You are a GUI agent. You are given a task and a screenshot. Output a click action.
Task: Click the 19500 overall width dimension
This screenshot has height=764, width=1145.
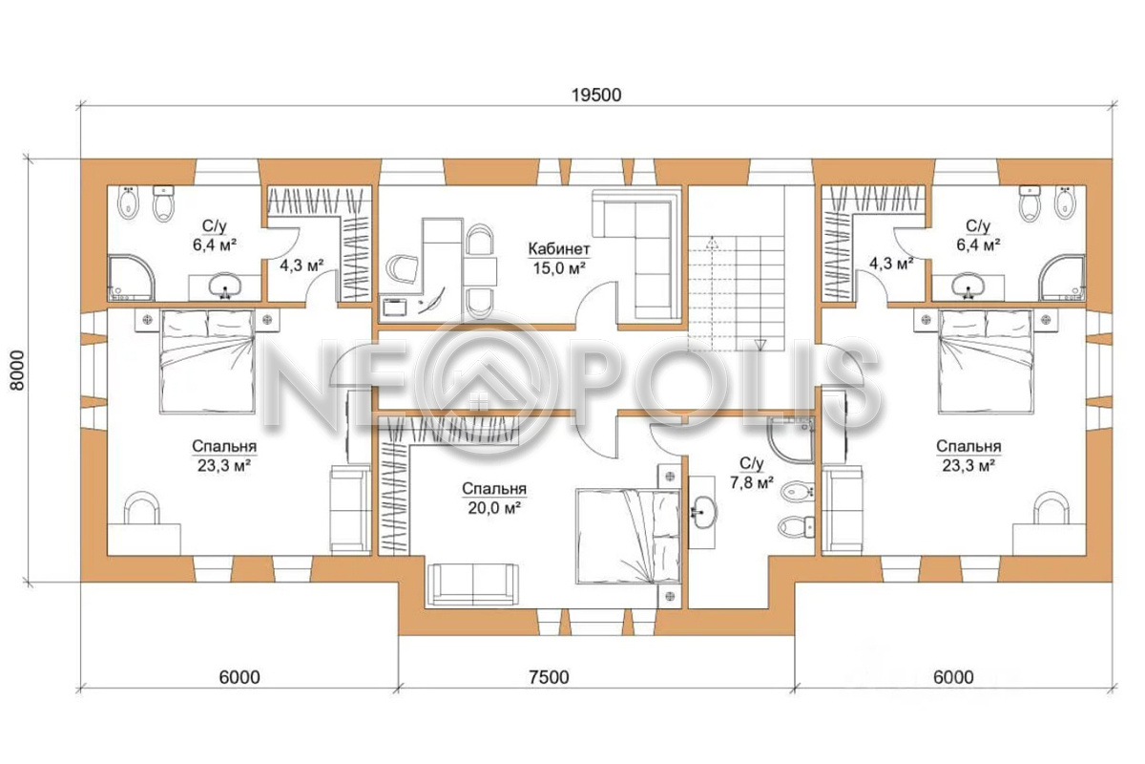click(596, 95)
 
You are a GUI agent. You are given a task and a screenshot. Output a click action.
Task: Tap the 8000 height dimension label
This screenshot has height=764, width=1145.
click(17, 371)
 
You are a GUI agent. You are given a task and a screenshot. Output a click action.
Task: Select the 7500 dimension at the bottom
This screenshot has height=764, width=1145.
click(549, 677)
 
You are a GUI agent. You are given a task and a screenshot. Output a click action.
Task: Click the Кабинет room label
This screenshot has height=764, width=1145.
click(559, 249)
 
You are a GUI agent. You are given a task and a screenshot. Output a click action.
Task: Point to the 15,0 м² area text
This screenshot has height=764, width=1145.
click(559, 268)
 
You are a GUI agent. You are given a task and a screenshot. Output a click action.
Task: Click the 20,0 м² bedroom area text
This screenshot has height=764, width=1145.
click(494, 508)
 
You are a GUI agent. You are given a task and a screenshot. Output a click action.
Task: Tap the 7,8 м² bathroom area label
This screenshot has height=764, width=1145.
click(752, 481)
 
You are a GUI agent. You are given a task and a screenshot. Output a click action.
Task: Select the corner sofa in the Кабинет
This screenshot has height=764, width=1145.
click(637, 256)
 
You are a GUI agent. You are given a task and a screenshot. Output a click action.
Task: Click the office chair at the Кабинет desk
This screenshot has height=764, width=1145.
click(403, 268)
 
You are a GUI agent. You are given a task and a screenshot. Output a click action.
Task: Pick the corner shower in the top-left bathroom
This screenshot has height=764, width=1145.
click(132, 277)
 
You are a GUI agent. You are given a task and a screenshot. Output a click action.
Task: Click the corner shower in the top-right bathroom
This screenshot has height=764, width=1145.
click(1062, 277)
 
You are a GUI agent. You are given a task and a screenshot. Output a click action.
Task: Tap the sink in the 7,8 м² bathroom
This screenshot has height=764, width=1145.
click(704, 512)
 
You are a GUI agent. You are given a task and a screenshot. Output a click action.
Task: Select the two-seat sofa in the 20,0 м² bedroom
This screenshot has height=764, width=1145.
click(473, 584)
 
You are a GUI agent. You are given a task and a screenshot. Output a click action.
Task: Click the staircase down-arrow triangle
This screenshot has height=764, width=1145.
click(760, 345)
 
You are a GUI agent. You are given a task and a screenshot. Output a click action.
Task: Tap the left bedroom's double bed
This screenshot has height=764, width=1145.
click(207, 361)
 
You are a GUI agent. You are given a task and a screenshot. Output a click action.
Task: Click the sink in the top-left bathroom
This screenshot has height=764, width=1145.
click(224, 286)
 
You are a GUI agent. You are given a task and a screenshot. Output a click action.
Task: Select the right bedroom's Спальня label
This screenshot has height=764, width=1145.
click(968, 446)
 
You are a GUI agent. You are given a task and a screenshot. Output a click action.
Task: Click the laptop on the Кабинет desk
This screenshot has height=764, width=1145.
click(395, 308)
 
